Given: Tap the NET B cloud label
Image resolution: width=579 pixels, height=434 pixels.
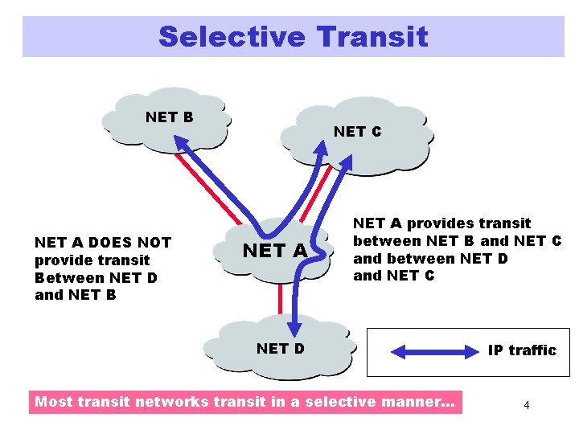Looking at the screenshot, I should point(170,117).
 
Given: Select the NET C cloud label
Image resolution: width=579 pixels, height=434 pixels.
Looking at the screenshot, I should point(358,132).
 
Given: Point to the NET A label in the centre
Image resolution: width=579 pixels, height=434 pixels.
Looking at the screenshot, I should point(276,251).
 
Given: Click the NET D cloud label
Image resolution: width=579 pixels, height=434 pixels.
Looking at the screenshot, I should point(280,348).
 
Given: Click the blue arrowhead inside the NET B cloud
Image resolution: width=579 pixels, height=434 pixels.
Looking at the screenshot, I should point(179,142).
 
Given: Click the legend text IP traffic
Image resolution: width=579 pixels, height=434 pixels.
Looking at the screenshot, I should point(522,350).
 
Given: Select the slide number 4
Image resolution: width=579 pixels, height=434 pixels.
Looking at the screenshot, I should point(526,405).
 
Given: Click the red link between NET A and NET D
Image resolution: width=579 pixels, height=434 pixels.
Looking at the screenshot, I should point(281,299).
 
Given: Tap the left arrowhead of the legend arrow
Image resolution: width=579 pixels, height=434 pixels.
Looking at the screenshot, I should point(398,350).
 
